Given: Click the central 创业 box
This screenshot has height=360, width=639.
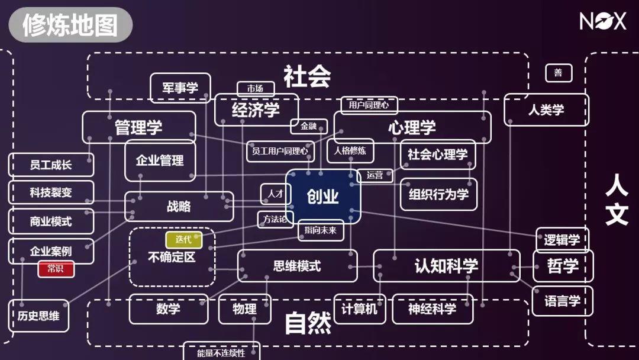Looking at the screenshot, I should (x=323, y=197).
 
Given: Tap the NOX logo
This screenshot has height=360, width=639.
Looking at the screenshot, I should (x=602, y=22).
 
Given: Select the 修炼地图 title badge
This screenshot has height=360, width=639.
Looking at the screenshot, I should (x=70, y=25).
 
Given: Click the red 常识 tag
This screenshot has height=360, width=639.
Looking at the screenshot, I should (x=56, y=269).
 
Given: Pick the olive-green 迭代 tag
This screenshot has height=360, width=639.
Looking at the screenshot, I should (x=183, y=240).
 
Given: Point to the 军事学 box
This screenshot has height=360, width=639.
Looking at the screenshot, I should (x=180, y=88).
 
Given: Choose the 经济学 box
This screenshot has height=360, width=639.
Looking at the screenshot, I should (x=256, y=110).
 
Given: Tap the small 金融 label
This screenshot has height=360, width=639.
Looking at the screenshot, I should (x=309, y=126).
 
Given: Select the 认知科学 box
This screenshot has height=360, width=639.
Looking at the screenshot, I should (x=446, y=266).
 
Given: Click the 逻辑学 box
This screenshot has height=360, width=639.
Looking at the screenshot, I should (x=562, y=240).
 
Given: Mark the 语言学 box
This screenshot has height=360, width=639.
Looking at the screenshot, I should (x=562, y=301).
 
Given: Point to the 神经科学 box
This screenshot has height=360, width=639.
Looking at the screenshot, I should (x=433, y=309).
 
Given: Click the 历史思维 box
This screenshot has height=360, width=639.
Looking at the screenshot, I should (x=38, y=316).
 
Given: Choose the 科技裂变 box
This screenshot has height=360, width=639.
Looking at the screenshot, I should (x=51, y=192).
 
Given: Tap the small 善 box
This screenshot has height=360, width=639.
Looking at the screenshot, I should (x=558, y=73).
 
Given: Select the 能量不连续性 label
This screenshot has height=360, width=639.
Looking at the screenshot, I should (x=221, y=352).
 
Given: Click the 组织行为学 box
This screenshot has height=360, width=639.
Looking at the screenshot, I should (x=438, y=194).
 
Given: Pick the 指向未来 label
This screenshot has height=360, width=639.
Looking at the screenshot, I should (x=321, y=230).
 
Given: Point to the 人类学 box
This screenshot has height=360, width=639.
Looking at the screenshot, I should (x=546, y=110).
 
